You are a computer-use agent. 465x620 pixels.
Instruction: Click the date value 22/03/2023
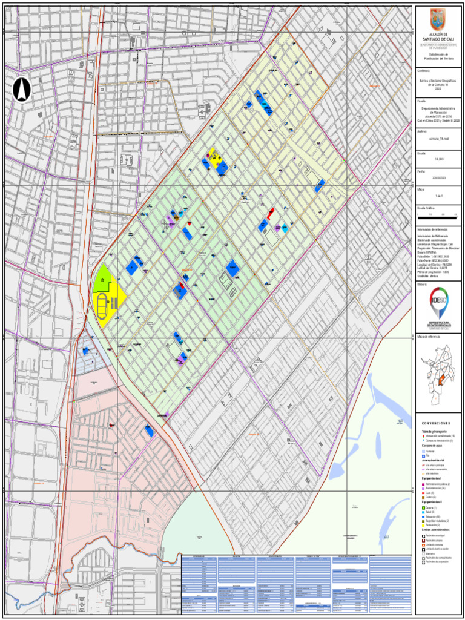click(438, 178)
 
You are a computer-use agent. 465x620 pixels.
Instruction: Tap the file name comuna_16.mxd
click(437, 139)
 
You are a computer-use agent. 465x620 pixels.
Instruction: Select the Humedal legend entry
click(430, 452)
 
